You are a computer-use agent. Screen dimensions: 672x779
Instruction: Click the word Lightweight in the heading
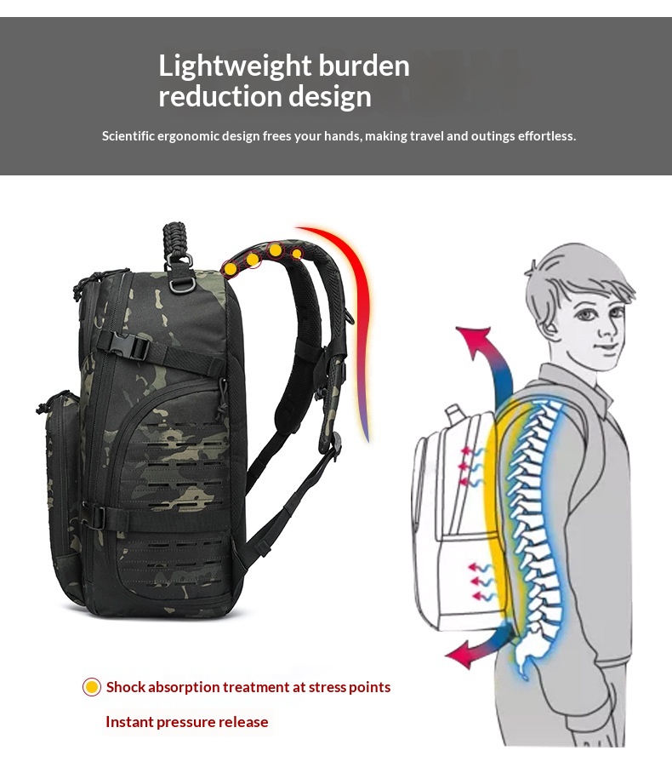[x=235, y=66]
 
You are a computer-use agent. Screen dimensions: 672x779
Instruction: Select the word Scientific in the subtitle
[x=128, y=135]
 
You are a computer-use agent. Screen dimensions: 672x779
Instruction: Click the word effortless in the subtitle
[x=546, y=135]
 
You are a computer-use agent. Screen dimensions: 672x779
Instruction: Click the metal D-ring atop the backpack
[x=179, y=285]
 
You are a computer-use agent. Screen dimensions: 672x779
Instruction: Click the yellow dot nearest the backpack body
[x=231, y=269]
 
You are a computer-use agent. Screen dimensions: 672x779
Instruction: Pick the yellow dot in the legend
[x=91, y=687]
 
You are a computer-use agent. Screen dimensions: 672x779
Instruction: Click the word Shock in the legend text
[x=126, y=687]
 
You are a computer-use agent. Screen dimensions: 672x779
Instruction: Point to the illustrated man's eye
[x=587, y=315]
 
